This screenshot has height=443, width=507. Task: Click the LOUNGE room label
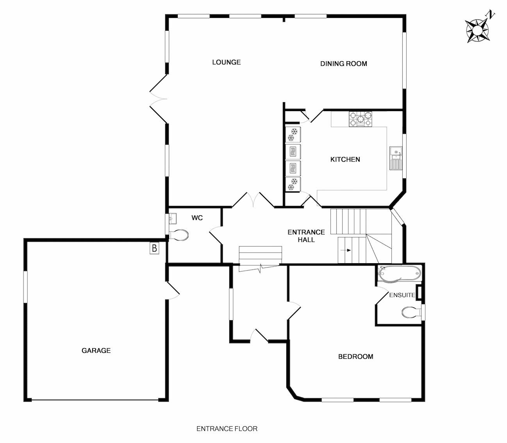226,62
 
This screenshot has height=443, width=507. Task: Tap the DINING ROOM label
343,64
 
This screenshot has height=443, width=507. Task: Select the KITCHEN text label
345,159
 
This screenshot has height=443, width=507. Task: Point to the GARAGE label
96,351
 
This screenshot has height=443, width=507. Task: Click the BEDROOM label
355,356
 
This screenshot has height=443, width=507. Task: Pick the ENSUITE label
402,295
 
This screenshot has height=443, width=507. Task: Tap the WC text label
197,218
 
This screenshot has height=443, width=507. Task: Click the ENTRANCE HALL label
306,236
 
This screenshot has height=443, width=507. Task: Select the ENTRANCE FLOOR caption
227,429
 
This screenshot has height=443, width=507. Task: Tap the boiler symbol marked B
155,248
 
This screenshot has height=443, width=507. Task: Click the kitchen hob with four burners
361,119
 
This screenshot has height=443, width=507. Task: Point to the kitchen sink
396,158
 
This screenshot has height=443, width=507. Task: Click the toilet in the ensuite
411,312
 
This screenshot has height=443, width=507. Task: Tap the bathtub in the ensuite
399,274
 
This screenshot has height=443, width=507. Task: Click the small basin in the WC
173,218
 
